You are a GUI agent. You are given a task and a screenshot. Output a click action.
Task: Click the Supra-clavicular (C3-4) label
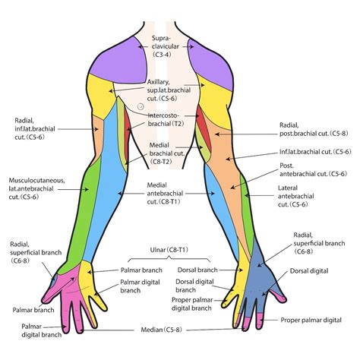click(161, 46)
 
